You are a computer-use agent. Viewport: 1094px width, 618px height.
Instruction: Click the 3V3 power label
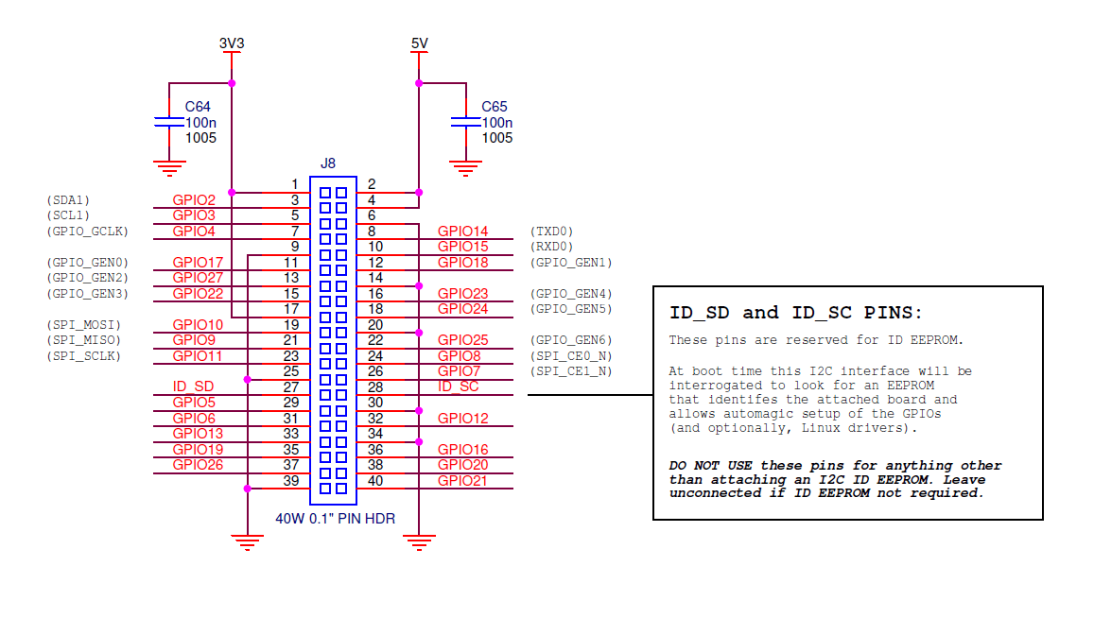pos(232,43)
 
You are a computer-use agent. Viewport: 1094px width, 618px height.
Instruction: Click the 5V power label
pos(419,43)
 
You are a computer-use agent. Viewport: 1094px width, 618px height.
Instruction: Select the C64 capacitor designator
pos(198,107)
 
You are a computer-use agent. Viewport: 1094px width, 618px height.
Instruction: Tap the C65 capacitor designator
pos(495,107)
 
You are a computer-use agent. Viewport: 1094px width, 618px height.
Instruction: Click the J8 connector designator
pos(328,163)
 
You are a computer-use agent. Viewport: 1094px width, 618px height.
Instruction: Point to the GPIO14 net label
pos(462,232)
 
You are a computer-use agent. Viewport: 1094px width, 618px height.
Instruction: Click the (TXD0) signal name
pos(552,232)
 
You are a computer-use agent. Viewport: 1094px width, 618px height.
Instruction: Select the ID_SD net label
pos(193,386)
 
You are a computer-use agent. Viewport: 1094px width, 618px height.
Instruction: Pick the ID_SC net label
pos(458,386)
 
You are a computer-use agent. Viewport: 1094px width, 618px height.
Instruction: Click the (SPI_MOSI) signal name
pos(83,325)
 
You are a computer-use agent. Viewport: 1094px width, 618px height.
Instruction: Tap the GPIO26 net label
pos(198,464)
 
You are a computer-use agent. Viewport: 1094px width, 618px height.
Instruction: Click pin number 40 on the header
pos(374,480)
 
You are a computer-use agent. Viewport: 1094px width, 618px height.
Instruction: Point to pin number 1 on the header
pos(295,184)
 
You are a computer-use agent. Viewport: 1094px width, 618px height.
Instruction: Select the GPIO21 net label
pos(462,480)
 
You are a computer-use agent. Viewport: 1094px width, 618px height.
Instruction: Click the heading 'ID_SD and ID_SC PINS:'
pos(795,313)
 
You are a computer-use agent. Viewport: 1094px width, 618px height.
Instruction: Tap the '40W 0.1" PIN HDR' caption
pos(335,519)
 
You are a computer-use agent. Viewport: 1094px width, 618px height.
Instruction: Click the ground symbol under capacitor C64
pos(169,169)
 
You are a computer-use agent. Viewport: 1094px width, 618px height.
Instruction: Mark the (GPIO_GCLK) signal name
pos(87,232)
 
